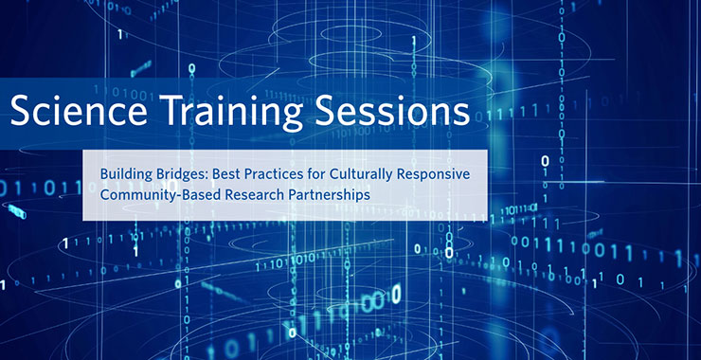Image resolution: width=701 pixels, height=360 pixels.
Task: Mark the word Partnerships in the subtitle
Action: click(x=328, y=195)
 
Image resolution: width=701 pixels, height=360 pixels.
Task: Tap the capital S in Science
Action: click(x=19, y=112)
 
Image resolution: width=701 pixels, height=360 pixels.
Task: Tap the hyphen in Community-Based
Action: click(x=178, y=196)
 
